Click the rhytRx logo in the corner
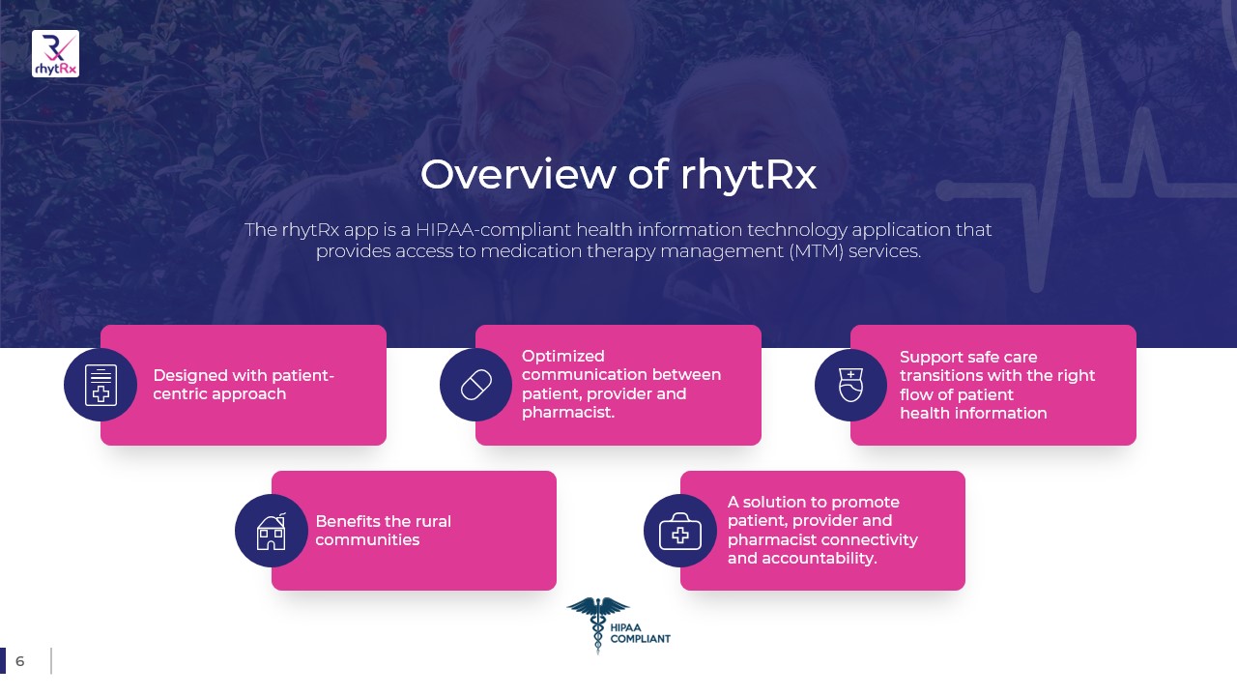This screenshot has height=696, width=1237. point(55,53)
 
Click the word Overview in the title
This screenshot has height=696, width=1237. point(517,175)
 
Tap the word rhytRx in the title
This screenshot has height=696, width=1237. point(748,176)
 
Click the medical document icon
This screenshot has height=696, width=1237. point(101,385)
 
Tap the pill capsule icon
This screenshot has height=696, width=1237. point(476,385)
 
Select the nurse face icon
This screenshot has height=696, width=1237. point(851,385)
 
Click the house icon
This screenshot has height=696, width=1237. point(272,531)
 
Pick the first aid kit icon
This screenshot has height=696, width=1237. point(680,532)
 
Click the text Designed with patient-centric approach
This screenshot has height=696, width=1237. point(244,385)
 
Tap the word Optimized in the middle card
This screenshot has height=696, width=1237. point(562,357)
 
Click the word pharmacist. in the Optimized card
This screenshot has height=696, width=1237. point(567,413)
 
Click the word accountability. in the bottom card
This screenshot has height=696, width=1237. point(820,559)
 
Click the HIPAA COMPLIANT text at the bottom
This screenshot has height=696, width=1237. point(640,633)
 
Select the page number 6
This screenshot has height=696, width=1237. point(20,661)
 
